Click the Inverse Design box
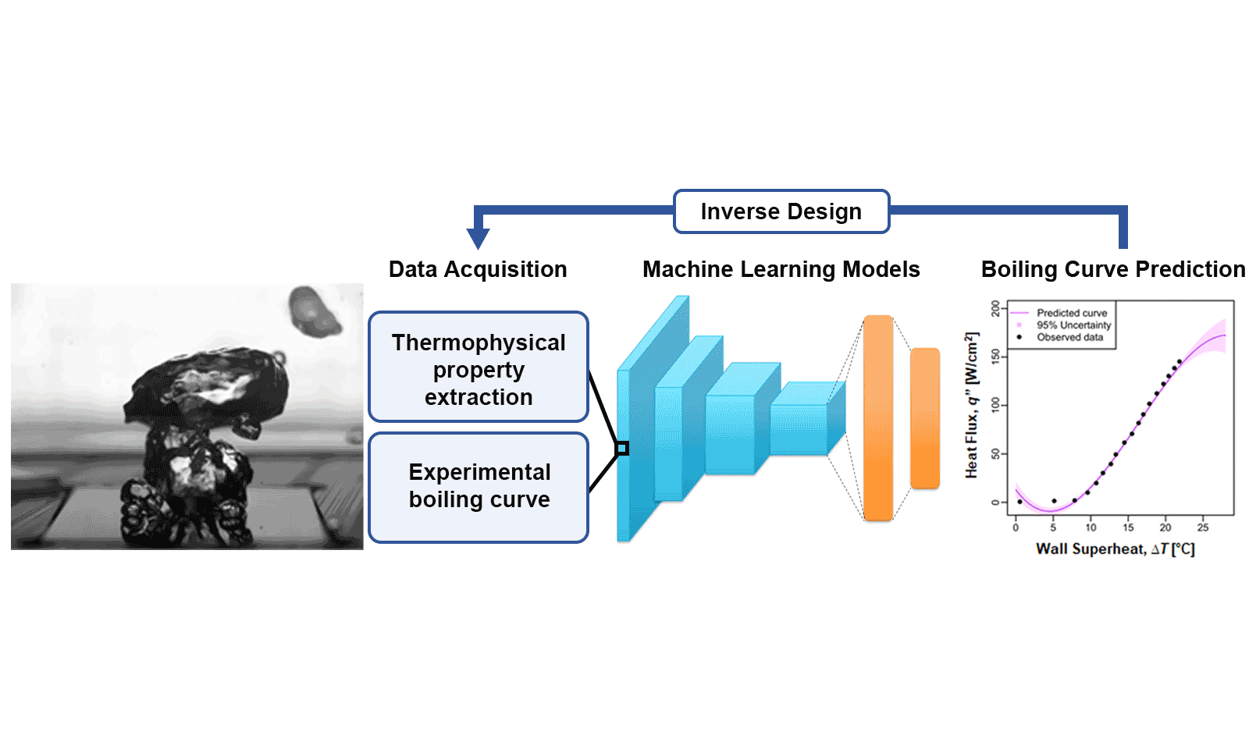[x=781, y=211]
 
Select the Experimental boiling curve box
[x=479, y=486]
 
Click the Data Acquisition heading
[x=478, y=269]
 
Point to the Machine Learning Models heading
[x=781, y=269]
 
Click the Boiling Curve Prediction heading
[x=1113, y=269]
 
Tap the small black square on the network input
[x=622, y=448]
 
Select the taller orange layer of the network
[x=878, y=417]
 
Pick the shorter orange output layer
[x=925, y=418]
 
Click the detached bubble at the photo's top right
[x=313, y=311]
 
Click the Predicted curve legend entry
[x=1071, y=313]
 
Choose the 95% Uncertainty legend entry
[x=1073, y=325]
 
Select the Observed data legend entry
[x=1069, y=337]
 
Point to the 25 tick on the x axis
[x=1203, y=527]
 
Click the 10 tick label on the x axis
[x=1091, y=527]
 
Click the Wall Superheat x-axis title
[x=1115, y=549]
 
